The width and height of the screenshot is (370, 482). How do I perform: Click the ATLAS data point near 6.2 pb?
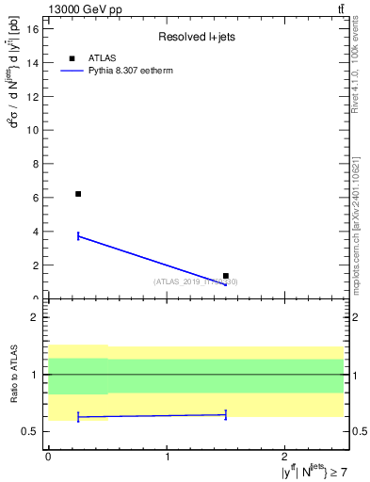click(x=78, y=194)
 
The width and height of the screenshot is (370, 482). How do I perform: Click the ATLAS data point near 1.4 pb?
click(x=226, y=276)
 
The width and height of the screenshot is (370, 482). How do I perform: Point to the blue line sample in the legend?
click(x=72, y=71)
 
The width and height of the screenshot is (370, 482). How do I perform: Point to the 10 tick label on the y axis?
click(x=35, y=130)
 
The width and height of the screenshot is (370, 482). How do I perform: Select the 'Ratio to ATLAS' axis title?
click(x=13, y=375)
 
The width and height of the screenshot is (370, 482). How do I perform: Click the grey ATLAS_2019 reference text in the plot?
click(x=196, y=281)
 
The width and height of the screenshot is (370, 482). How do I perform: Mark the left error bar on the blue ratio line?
click(x=78, y=417)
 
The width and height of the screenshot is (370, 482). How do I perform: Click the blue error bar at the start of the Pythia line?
click(x=78, y=235)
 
